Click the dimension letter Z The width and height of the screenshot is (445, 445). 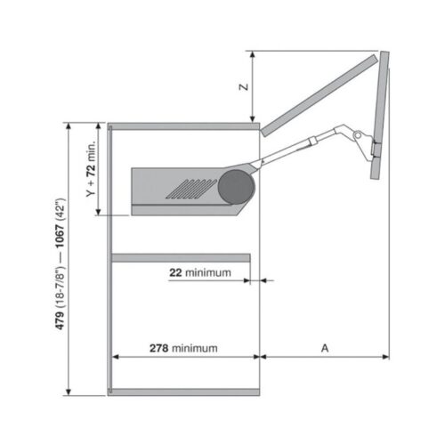[x=243, y=87]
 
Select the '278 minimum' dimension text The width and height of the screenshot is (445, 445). [x=182, y=348]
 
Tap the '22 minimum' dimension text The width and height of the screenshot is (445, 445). [x=200, y=272]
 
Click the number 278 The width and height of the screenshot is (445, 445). [x=159, y=348]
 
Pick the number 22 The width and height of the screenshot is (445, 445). [x=175, y=272]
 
